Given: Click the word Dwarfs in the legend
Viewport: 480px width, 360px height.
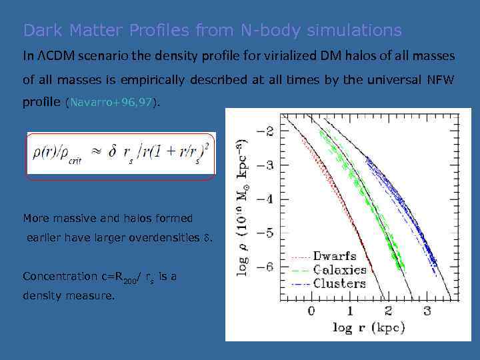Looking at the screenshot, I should pos(335,257).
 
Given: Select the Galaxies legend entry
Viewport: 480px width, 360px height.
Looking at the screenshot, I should pos(340,270).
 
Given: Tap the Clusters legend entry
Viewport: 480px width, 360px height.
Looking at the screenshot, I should pos(339,283).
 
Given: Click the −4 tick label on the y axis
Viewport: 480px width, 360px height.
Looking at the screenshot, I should pos(266,199).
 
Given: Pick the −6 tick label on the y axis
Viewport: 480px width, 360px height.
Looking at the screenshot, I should pos(266,267).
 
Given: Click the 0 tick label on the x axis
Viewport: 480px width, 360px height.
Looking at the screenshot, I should pos(311,311).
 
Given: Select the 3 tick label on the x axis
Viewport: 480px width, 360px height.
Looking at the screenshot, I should pos(427,311).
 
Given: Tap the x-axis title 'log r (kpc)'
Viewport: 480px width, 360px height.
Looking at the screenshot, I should pos(369,327).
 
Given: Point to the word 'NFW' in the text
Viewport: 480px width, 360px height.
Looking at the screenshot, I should pos(440,80).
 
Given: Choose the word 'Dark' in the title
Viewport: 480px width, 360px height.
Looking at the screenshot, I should pos(41,31).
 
